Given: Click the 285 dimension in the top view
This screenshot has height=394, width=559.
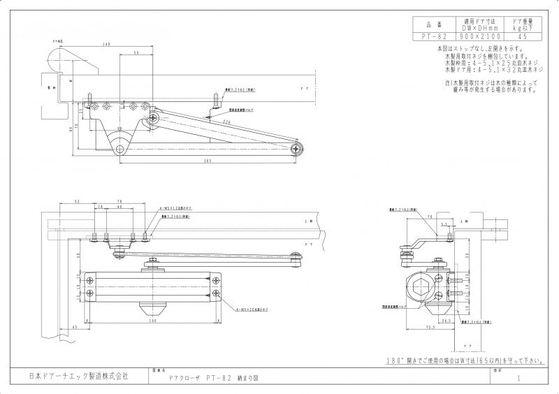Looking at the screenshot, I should click(208, 161).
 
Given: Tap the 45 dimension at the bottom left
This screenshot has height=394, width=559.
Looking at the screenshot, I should click(74, 326).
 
